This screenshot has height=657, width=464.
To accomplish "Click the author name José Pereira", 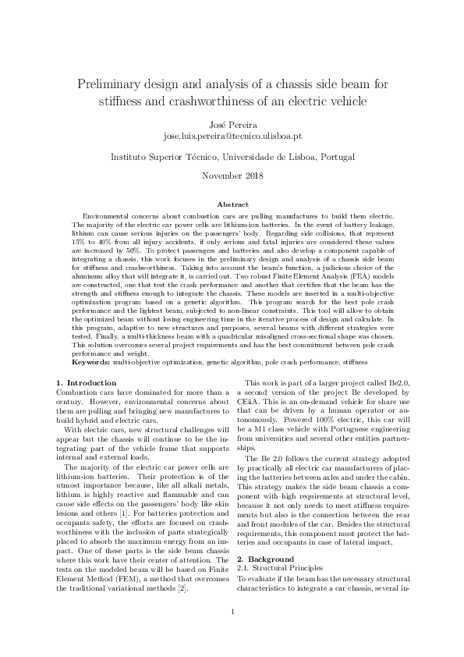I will [x=232, y=123].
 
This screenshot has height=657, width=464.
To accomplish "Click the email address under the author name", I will [x=232, y=135].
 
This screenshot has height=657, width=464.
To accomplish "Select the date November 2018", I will [x=232, y=176].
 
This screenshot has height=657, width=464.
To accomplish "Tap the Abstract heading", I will [x=232, y=204].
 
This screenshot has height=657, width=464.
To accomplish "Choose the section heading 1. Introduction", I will [x=86, y=382].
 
